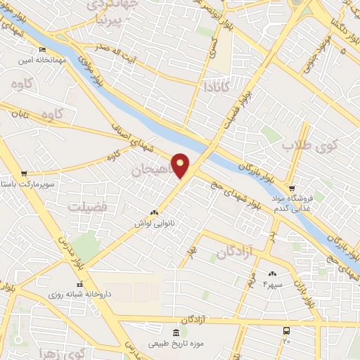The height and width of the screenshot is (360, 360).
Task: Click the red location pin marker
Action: coord(181,165)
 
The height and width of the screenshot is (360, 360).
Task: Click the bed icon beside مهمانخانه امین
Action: coord(41,50)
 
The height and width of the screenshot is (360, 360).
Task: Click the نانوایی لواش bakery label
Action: coord(154,223)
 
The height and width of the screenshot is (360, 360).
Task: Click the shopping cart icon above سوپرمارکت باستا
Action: coord(24,173)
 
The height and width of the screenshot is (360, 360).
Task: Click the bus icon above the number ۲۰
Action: coord(286,330)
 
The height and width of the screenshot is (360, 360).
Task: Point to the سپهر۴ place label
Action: coord(272,284)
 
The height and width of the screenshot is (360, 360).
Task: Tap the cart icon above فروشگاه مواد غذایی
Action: coord(292,188)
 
